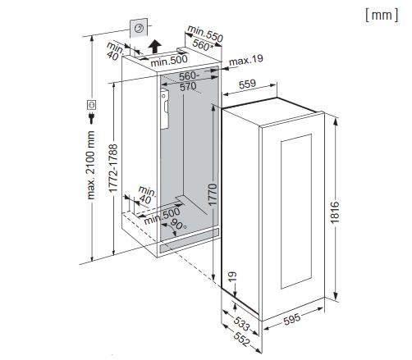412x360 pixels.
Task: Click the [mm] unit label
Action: click(382, 15)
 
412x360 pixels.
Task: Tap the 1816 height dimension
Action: click(335, 212)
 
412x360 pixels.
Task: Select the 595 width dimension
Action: click(291, 319)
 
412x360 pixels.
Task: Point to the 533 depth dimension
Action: click(241, 322)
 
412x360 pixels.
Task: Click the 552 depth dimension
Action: click(241, 339)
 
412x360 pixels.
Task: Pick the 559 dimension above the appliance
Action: click(247, 84)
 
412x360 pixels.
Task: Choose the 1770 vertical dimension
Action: click(213, 194)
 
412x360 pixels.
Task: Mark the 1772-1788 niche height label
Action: click(113, 168)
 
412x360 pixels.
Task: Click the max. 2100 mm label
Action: click(91, 165)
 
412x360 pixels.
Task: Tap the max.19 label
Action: click(246, 60)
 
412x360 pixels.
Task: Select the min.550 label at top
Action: click(205, 34)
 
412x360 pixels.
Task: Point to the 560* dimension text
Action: click(203, 45)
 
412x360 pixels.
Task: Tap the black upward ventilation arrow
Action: click(155, 46)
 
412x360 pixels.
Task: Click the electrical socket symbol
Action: click(91, 105)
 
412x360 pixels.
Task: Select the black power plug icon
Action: click(91, 118)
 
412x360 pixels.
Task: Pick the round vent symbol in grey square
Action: click(139, 28)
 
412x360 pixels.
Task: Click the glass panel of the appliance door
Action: click(296, 212)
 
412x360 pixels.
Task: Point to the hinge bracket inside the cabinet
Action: click(164, 109)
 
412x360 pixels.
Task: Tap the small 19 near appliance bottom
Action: click(232, 276)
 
